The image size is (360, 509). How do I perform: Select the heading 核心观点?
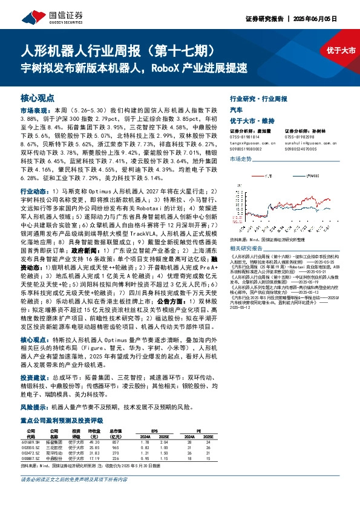[38, 97]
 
